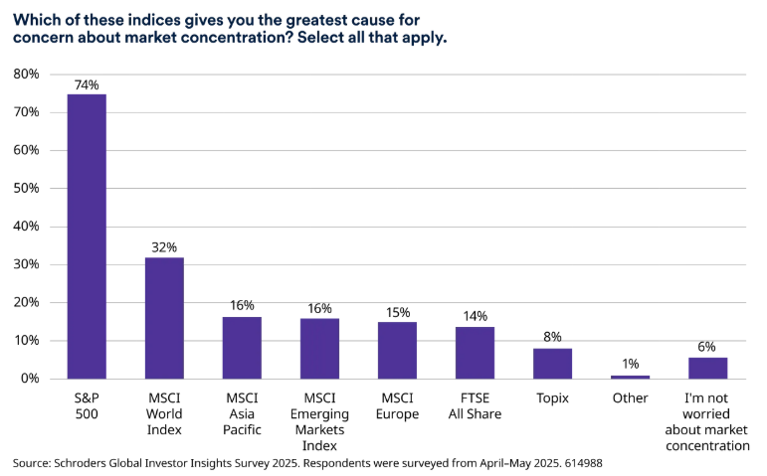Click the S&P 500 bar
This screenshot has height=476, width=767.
87,237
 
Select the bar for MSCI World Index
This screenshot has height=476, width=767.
164,318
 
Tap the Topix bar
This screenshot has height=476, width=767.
552,363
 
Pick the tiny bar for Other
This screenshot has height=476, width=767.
630,377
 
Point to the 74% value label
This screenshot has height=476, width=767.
87,85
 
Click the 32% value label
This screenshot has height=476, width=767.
164,247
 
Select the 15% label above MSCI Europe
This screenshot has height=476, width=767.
397,313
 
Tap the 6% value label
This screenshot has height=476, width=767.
707,347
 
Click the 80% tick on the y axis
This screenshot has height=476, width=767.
26,75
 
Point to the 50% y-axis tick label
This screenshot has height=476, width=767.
26,189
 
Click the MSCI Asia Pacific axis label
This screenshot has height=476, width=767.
242,413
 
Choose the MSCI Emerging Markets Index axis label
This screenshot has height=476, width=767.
319,421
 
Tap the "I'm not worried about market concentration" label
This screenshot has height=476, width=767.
707,421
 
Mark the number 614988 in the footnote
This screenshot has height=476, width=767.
581,463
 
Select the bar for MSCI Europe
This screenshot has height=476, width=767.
397,350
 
